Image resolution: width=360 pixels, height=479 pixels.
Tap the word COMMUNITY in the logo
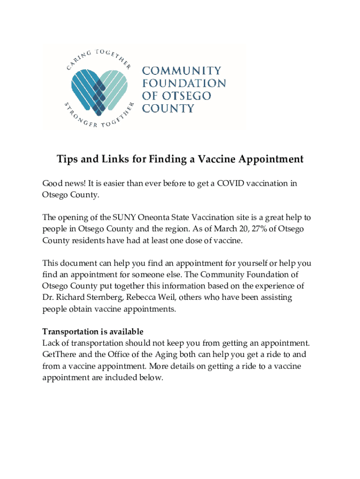pos(181,71)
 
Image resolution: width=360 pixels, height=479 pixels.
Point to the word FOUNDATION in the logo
pos(184,84)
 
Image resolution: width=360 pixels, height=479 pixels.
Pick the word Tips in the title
pos(67,160)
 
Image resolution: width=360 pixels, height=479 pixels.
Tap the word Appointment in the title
pos(275,160)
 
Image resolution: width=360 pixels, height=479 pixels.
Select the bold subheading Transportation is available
pos(93,332)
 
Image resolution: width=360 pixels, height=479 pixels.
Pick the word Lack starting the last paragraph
pos(50,343)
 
